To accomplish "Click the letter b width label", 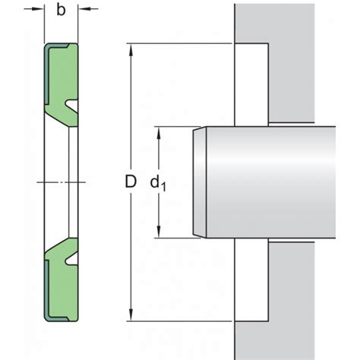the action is point(61,11).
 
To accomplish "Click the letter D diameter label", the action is point(131,182).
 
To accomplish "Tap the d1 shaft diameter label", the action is point(158,183).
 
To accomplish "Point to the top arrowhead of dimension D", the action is point(131,49).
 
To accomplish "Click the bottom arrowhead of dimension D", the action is point(131,315).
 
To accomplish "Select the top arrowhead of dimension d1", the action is point(159,133).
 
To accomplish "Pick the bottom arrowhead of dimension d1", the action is point(159,232).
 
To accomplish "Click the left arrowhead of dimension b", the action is point(38,9).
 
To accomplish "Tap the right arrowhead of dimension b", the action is point(84,9).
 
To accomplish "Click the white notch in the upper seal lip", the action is point(71,105).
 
